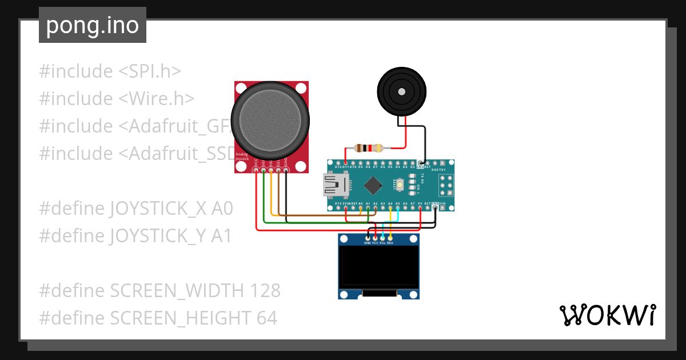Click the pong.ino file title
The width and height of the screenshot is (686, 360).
click(92, 25)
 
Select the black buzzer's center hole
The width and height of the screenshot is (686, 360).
click(401, 91)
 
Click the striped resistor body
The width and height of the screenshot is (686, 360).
click(369, 148)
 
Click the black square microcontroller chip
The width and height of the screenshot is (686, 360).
click(373, 185)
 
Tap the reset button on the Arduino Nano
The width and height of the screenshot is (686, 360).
click(400, 185)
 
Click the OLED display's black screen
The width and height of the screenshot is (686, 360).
click(378, 267)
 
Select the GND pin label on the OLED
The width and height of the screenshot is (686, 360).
click(368, 243)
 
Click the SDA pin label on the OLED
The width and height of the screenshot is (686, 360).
click(390, 243)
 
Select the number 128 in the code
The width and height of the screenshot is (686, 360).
click(265, 291)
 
